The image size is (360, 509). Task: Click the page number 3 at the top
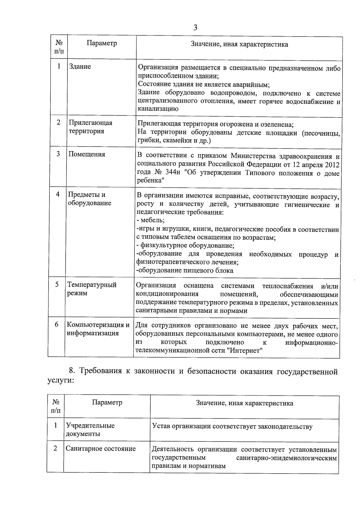195,28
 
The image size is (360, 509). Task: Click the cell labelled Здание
80,67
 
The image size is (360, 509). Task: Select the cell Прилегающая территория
90,127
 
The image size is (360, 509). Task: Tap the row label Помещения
87,154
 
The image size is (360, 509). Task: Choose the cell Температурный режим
91,289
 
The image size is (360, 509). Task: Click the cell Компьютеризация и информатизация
98,329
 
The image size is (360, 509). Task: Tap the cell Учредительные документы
90,430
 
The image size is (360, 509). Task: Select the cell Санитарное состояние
100,449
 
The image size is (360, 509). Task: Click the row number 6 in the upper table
56,325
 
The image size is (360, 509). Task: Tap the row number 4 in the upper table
58,194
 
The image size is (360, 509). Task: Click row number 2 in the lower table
55,448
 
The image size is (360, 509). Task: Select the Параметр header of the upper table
102,43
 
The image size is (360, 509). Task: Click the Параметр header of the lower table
107,402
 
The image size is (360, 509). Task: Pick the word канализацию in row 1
158,109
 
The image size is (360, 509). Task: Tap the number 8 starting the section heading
71,371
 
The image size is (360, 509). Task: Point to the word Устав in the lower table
161,426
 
